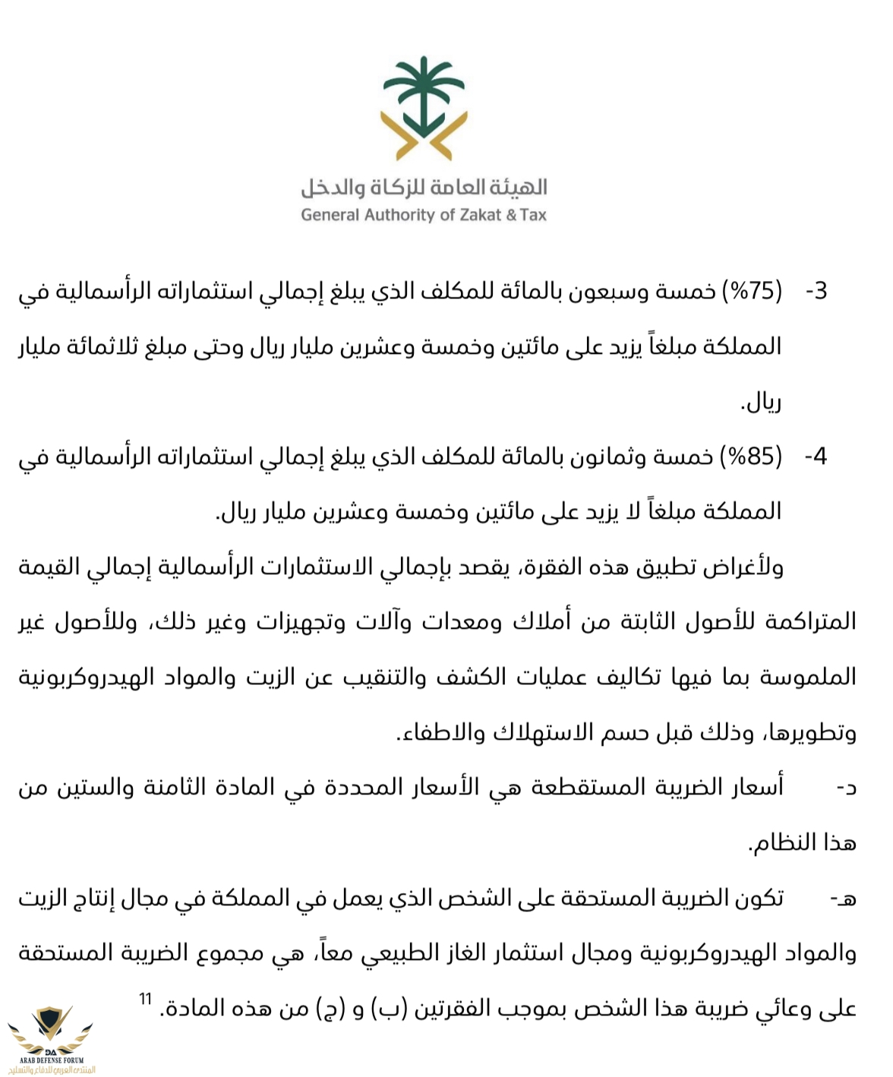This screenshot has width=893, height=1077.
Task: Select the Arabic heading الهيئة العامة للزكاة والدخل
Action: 424,187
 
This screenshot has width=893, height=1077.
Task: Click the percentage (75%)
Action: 751,291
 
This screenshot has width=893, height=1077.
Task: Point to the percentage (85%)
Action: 751,456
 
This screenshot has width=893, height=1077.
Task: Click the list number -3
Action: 816,292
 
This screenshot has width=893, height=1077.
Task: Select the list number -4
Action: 816,457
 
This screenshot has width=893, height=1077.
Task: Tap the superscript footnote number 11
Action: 145,998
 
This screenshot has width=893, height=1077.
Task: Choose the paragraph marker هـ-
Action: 843,899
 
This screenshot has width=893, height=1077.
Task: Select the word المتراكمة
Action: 810,622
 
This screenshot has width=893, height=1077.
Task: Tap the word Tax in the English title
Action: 533,215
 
